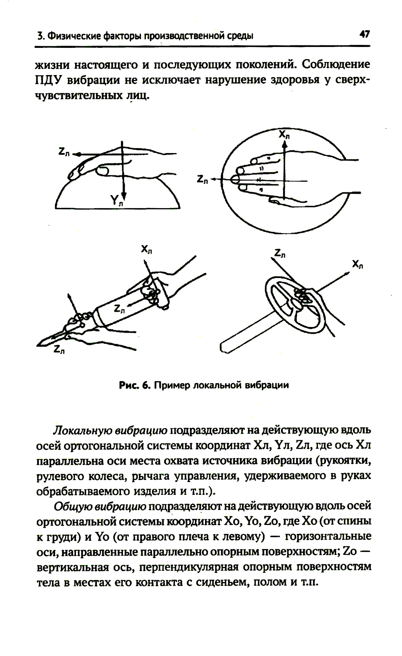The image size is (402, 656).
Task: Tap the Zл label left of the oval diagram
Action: click(203, 180)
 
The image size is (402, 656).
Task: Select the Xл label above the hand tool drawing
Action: click(146, 249)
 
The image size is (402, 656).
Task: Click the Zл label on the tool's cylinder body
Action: click(119, 309)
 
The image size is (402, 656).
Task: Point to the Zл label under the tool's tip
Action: click(59, 350)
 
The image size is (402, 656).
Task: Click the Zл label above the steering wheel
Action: click(280, 253)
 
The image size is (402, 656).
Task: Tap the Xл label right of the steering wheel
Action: click(357, 264)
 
